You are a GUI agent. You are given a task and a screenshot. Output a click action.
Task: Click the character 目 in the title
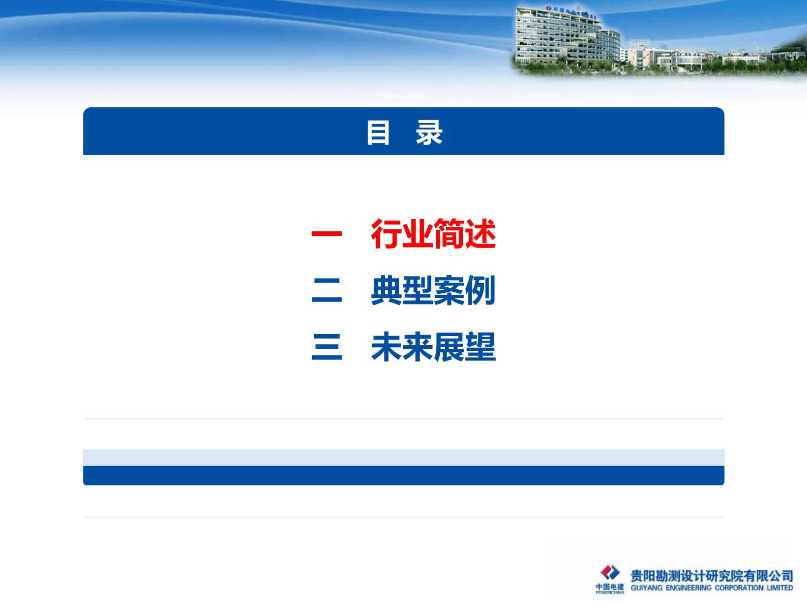coord(378,133)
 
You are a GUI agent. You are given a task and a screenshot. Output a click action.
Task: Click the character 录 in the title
coord(429,133)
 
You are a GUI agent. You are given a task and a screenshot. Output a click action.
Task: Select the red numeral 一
coord(326,234)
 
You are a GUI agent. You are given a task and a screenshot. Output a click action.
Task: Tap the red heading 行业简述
coord(433,234)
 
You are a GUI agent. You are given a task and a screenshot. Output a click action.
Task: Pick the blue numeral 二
coord(326,291)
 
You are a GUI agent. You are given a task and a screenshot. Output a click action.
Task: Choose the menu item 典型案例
coord(433,291)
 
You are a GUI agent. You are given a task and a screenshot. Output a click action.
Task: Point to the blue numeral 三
coord(326,347)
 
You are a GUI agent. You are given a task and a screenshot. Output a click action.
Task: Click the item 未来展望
coord(433,347)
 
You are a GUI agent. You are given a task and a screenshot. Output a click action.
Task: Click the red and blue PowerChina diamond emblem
coord(610,572)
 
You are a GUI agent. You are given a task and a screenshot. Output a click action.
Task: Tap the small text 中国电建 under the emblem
coord(610,586)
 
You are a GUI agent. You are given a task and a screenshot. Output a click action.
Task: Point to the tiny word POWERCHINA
coord(610,592)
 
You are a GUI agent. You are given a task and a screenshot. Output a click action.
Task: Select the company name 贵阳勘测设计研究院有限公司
coord(711,576)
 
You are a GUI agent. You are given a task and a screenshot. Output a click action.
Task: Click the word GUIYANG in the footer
coord(646,588)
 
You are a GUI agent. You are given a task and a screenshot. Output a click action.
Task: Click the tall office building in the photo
coord(564,38)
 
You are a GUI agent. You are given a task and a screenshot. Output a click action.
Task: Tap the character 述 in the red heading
coord(480,234)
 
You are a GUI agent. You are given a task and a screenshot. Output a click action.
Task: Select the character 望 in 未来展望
coord(480,347)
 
